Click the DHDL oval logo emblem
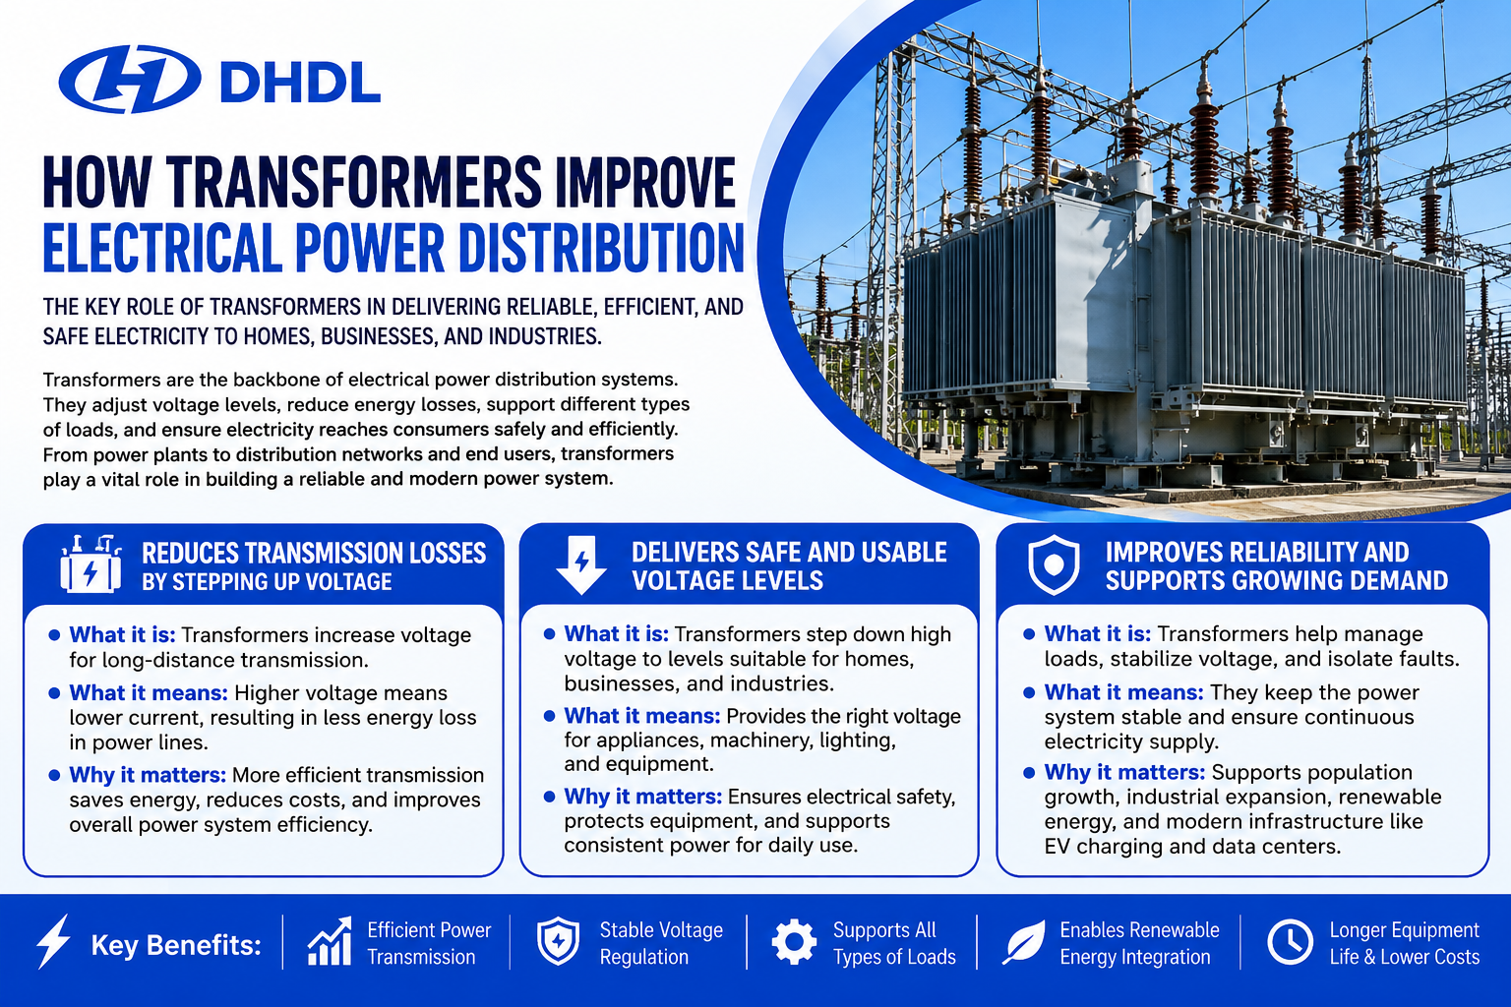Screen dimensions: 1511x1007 pyautogui.click(x=130, y=79)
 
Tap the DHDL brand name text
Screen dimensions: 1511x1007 pyautogui.click(x=300, y=83)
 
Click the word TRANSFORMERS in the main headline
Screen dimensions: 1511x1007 pyautogui.click(x=354, y=181)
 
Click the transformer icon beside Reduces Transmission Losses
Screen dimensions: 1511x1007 pyautogui.click(x=91, y=564)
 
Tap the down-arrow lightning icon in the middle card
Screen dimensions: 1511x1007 pyautogui.click(x=581, y=565)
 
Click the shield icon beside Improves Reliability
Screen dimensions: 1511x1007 pyautogui.click(x=1054, y=565)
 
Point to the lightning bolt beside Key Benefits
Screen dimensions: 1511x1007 pyautogui.click(x=53, y=941)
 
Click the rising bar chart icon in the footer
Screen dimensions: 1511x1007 pyautogui.click(x=330, y=941)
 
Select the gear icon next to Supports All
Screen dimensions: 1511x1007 pyautogui.click(x=794, y=941)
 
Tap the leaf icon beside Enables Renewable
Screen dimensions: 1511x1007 pyautogui.click(x=1023, y=941)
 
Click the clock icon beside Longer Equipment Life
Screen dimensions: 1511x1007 pyautogui.click(x=1291, y=941)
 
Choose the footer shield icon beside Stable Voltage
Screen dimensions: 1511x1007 pyautogui.click(x=558, y=941)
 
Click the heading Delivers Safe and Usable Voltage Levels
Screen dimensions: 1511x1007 pyautogui.click(x=789, y=565)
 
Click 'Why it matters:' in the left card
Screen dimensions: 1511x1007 pyautogui.click(x=148, y=775)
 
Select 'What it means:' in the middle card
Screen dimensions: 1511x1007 pyautogui.click(x=642, y=716)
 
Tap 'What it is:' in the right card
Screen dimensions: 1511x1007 pyautogui.click(x=1098, y=634)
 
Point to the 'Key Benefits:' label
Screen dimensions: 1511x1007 pyautogui.click(x=176, y=945)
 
